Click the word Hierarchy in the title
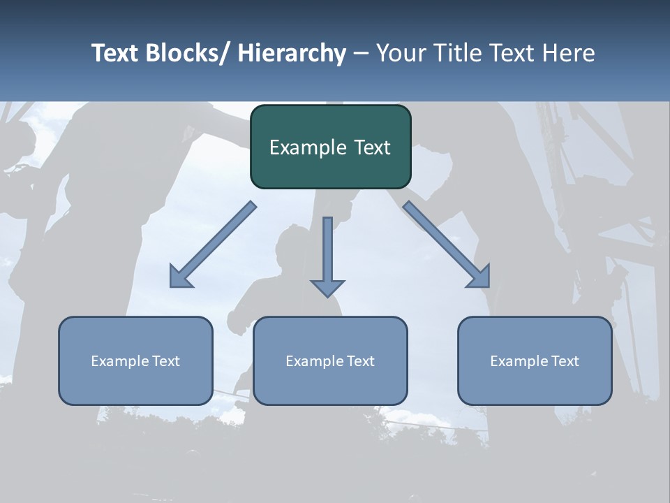(x=291, y=53)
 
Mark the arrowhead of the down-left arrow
(x=177, y=279)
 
